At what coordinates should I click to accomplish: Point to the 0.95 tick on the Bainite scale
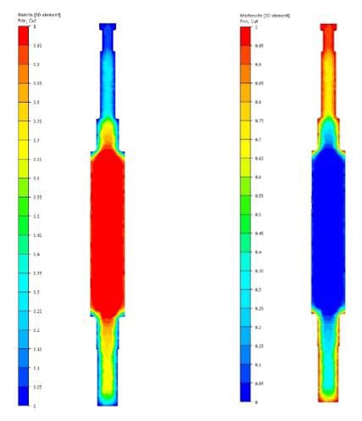tap(36, 46)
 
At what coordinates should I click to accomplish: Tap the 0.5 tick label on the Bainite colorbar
tap(35, 216)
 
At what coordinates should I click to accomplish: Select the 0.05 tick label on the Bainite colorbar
tap(36, 387)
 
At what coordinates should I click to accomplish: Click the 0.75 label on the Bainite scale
tap(36, 121)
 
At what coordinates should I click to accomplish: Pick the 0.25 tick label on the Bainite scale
tap(36, 312)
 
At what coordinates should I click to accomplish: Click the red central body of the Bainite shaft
tap(109, 229)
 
